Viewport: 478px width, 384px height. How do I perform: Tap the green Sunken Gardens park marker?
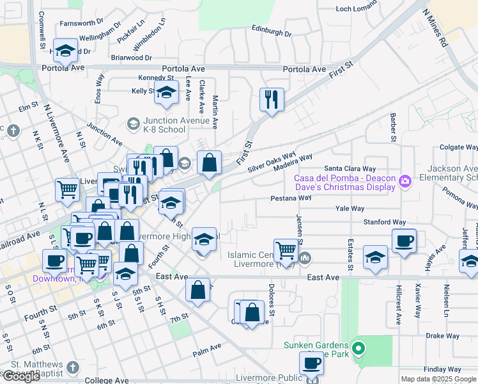tap(358, 349)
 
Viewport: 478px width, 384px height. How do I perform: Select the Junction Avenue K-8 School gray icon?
tap(133, 122)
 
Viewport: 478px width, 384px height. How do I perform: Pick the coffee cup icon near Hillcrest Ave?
tap(404, 241)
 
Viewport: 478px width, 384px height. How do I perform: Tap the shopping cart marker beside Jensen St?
tap(285, 250)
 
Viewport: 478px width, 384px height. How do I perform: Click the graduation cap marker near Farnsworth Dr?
tap(65, 50)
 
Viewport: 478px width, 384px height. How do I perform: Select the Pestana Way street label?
tap(290, 198)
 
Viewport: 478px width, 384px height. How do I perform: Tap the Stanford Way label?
tap(385, 222)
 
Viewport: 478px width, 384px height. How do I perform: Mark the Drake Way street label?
tap(443, 335)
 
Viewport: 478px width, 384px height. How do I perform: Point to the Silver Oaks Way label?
tap(272, 162)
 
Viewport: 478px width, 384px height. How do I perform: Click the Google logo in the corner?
tap(21, 376)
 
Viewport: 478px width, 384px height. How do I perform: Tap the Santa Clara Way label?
tap(350, 169)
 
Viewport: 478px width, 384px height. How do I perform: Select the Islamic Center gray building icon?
tap(305, 258)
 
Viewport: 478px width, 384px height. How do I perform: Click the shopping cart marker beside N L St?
tap(67, 189)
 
